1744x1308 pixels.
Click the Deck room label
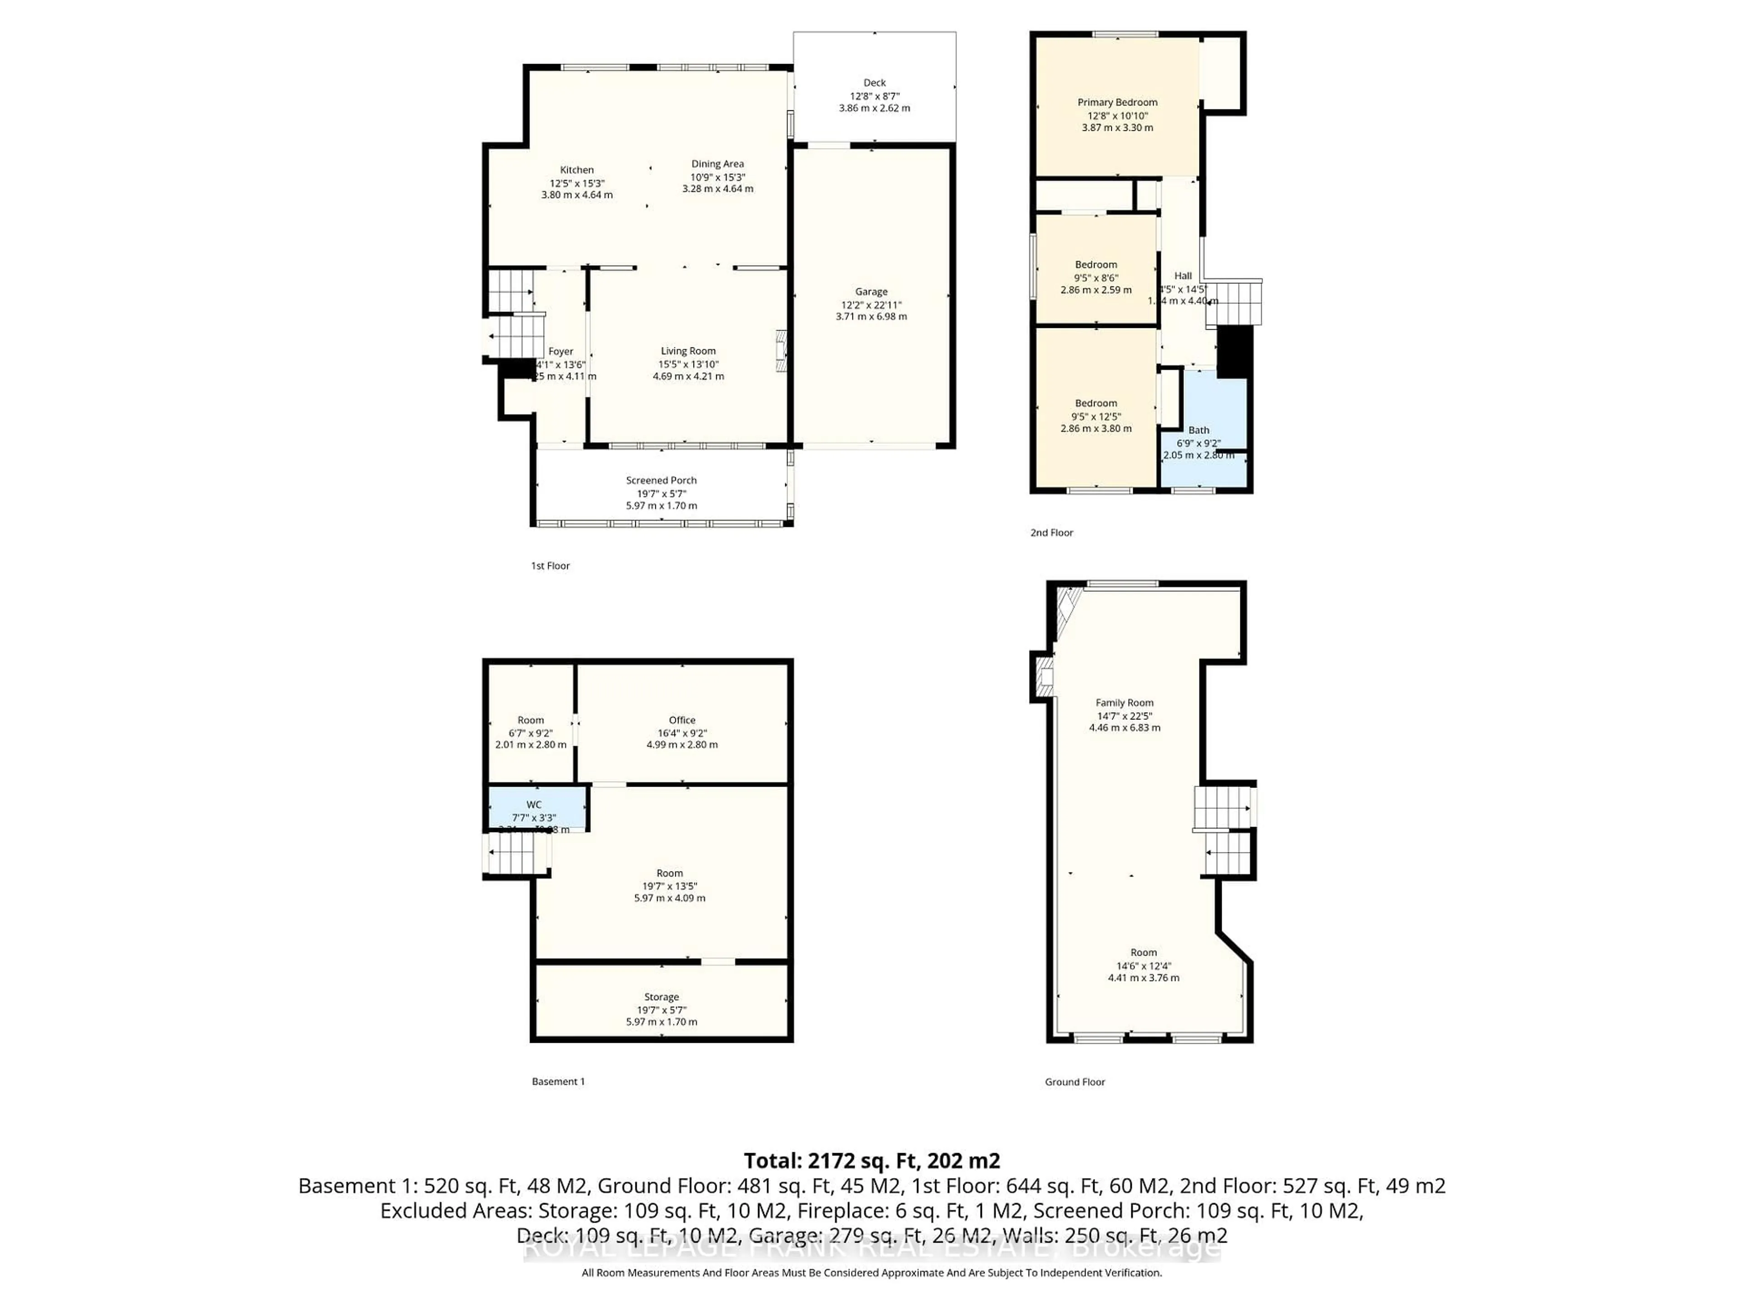pyautogui.click(x=874, y=83)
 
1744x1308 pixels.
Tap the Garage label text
pyautogui.click(x=871, y=292)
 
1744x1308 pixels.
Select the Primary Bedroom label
pyautogui.click(x=1117, y=103)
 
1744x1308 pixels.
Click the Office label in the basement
pyautogui.click(x=682, y=720)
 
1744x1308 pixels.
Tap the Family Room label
pyautogui.click(x=1125, y=703)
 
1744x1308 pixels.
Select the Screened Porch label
pyautogui.click(x=661, y=480)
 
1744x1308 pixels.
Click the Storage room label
pyautogui.click(x=661, y=997)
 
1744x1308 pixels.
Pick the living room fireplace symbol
pyautogui.click(x=781, y=351)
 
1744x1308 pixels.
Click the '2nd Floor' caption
pyautogui.click(x=1052, y=533)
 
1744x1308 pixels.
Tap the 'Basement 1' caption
pyautogui.click(x=558, y=1082)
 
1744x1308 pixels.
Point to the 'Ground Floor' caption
pyautogui.click(x=1075, y=1083)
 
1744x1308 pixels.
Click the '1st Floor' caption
pyautogui.click(x=550, y=566)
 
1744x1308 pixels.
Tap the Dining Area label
pyautogui.click(x=718, y=164)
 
